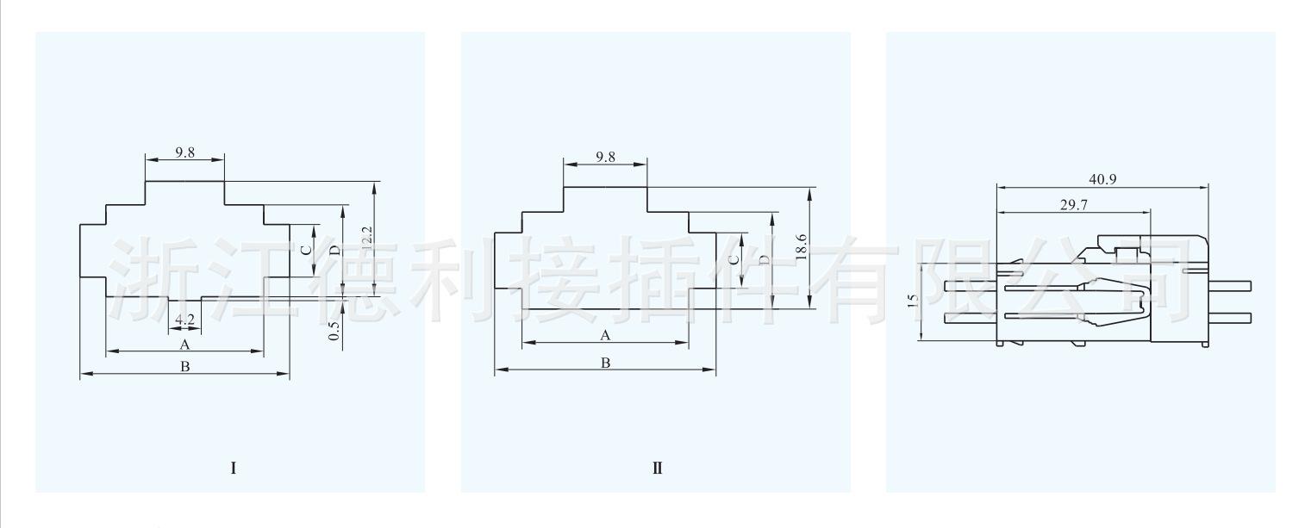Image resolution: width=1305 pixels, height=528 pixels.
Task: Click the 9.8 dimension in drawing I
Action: pyautogui.click(x=184, y=152)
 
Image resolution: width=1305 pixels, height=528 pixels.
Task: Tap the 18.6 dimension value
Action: pyautogui.click(x=802, y=247)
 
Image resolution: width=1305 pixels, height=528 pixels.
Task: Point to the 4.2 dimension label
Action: pyautogui.click(x=184, y=320)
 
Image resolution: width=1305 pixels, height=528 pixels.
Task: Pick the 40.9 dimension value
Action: pyautogui.click(x=1102, y=179)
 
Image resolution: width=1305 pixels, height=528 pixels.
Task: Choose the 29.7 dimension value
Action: pyautogui.click(x=1072, y=202)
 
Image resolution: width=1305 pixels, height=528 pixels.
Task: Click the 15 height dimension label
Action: pyautogui.click(x=913, y=301)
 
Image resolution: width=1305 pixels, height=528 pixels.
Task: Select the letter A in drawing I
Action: pyautogui.click(x=184, y=345)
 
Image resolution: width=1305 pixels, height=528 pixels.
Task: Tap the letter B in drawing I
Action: pyautogui.click(x=184, y=367)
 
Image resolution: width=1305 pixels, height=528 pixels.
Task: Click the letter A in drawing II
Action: pyautogui.click(x=605, y=335)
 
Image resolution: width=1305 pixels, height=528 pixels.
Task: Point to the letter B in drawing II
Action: pyautogui.click(x=605, y=363)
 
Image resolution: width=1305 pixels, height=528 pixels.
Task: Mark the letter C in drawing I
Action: pyautogui.click(x=305, y=251)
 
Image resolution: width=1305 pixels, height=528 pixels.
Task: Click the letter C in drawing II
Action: pyautogui.click(x=733, y=258)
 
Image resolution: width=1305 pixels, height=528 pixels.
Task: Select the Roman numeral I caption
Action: pyautogui.click(x=233, y=469)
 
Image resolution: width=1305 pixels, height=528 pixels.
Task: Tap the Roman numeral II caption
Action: pyautogui.click(x=657, y=469)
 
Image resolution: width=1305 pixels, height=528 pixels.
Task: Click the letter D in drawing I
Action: pyautogui.click(x=334, y=250)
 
